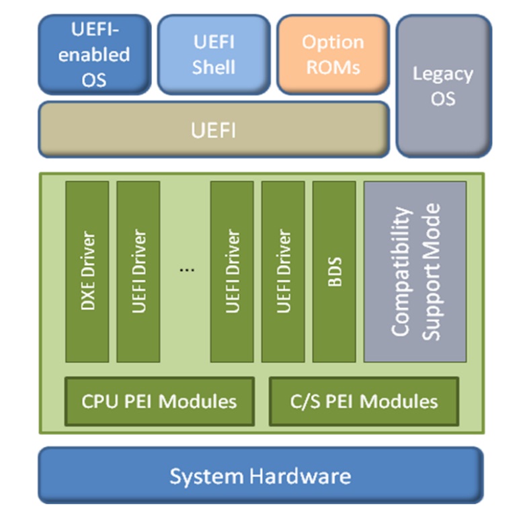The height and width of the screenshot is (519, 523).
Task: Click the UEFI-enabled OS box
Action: (x=94, y=54)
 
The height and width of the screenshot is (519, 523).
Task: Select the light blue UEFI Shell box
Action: (x=214, y=54)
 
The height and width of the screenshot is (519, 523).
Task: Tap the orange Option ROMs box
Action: (x=333, y=54)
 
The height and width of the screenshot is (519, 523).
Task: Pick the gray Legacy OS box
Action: (x=443, y=86)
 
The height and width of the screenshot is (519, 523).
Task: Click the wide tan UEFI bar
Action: (x=214, y=130)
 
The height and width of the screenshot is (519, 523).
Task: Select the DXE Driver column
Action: (x=87, y=271)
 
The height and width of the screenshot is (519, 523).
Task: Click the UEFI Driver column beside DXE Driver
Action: (x=138, y=271)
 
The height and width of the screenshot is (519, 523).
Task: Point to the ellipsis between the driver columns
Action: (x=188, y=269)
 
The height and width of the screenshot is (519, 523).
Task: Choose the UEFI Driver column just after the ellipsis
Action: (x=232, y=271)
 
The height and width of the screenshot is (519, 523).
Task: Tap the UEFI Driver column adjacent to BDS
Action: (x=283, y=271)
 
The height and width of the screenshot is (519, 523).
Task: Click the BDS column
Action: (x=334, y=271)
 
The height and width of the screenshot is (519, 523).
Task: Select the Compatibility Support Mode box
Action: (x=415, y=271)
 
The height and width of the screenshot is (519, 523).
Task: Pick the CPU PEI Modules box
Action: (x=159, y=401)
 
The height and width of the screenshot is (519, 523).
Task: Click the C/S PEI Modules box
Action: (x=364, y=401)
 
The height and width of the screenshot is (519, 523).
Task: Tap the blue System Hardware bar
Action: (x=260, y=476)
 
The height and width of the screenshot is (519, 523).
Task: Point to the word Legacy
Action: (x=443, y=73)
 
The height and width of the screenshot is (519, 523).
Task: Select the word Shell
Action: (x=214, y=67)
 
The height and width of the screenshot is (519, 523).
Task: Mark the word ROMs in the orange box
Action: (x=333, y=67)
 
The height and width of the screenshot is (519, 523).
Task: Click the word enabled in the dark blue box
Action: (x=94, y=54)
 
